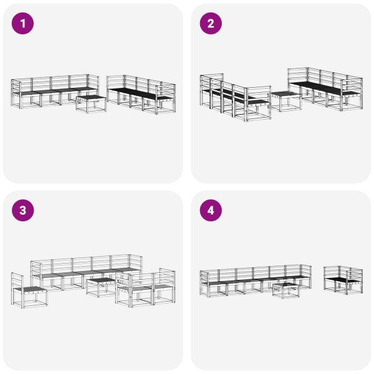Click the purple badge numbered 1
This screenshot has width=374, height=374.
point(24,24)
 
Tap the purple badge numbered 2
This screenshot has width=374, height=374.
point(211,24)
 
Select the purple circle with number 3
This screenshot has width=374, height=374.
point(24,211)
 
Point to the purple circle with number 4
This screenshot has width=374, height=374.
point(211,211)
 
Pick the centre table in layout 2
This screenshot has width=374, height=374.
point(286,100)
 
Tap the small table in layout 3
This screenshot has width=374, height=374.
point(100,286)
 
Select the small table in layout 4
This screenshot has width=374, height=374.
point(286,290)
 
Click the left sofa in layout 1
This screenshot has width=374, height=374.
point(53,92)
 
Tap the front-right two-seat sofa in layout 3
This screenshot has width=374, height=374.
point(146,289)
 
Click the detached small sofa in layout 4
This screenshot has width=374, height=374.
point(343,280)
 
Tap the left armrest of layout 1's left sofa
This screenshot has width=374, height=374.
point(15,93)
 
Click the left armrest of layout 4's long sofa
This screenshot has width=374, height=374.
point(204,282)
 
